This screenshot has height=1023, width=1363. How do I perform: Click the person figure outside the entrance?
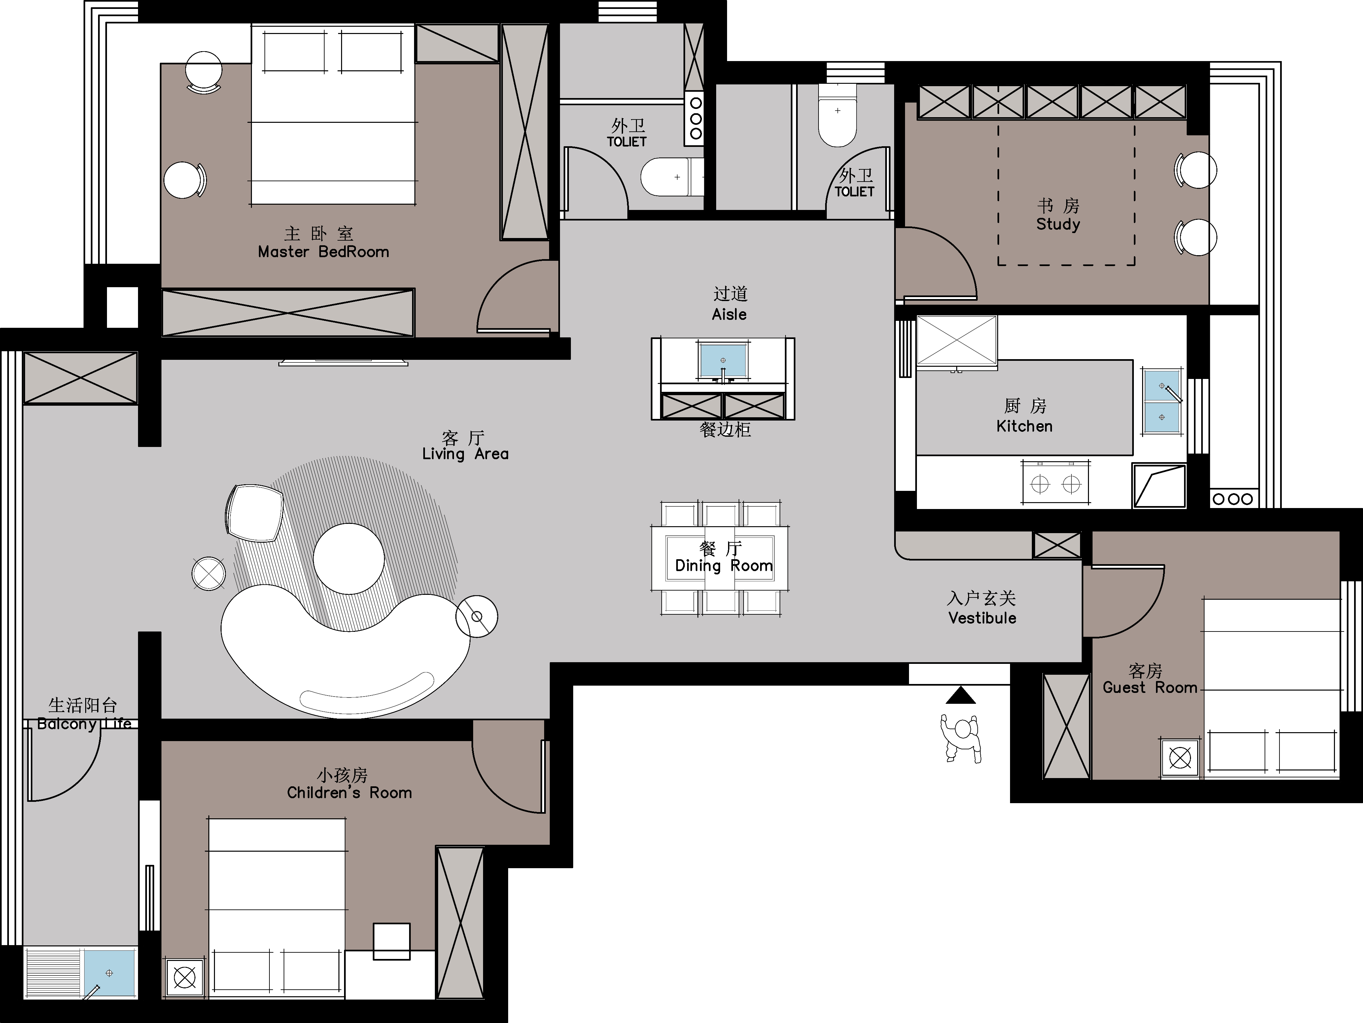tap(961, 738)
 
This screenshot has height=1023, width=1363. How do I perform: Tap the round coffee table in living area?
tap(349, 559)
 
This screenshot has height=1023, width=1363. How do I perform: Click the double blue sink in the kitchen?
tap(1162, 401)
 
